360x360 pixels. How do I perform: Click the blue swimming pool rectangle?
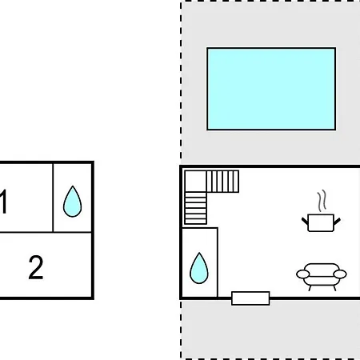[x=271, y=89]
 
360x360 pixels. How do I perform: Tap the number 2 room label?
[x=36, y=267]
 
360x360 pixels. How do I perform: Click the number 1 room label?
[x=3, y=202]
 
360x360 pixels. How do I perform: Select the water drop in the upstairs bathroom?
[x=72, y=202]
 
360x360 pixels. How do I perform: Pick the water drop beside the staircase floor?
[x=199, y=268]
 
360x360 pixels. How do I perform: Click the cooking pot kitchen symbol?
[x=321, y=222]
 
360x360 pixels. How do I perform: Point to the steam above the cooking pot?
[x=322, y=201]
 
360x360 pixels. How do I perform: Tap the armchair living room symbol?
[x=322, y=277]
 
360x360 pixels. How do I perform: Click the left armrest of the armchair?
[x=303, y=274]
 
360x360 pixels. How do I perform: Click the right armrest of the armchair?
[x=340, y=274]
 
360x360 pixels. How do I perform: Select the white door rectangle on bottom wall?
[x=250, y=298]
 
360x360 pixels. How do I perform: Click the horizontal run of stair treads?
[x=222, y=182]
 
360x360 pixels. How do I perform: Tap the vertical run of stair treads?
[x=195, y=208]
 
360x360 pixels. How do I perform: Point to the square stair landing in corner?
[x=195, y=182]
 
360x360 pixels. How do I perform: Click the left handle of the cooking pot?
[x=305, y=222]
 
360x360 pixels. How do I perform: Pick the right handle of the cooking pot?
[x=337, y=222]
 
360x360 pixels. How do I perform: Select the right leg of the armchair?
[x=334, y=288]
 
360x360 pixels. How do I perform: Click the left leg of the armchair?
[x=310, y=288]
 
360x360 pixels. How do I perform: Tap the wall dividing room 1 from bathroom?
[x=53, y=198]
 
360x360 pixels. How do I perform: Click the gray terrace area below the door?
[x=270, y=330]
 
